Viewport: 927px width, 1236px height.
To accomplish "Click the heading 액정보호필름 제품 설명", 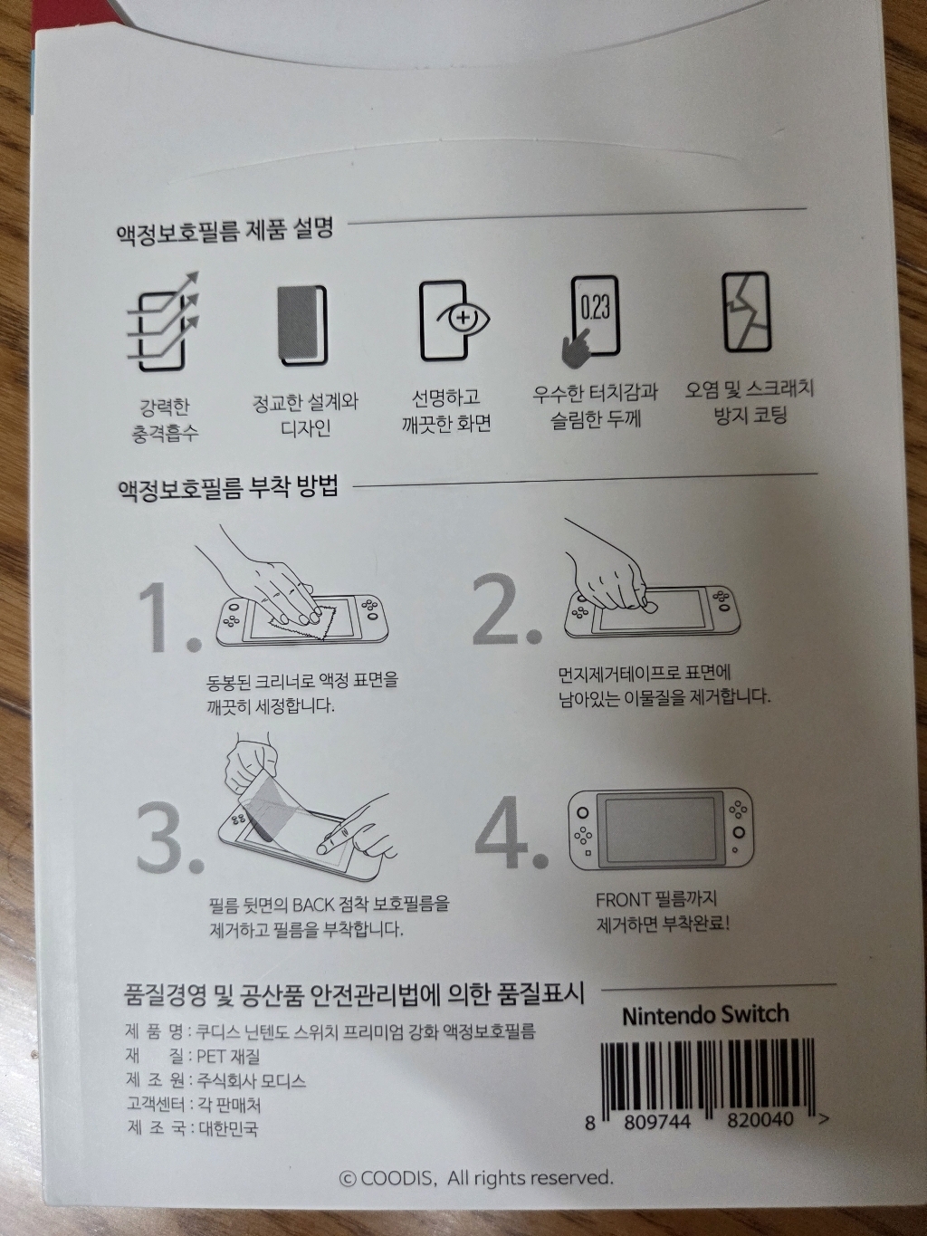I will [225, 231].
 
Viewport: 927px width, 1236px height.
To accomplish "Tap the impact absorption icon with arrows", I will [163, 322].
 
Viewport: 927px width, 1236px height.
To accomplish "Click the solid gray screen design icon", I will [302, 324].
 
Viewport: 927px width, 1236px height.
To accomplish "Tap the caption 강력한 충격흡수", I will [164, 420].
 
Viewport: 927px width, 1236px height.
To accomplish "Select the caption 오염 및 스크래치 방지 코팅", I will [749, 401].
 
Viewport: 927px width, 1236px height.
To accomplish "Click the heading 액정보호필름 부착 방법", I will [227, 488].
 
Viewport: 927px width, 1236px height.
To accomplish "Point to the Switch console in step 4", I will [660, 829].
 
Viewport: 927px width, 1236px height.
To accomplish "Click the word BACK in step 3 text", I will [313, 905].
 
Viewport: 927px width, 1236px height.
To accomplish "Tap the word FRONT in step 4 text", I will [623, 900].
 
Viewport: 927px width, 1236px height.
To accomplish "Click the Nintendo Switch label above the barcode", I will [705, 1015].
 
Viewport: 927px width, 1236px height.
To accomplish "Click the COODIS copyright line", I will [476, 1178].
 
